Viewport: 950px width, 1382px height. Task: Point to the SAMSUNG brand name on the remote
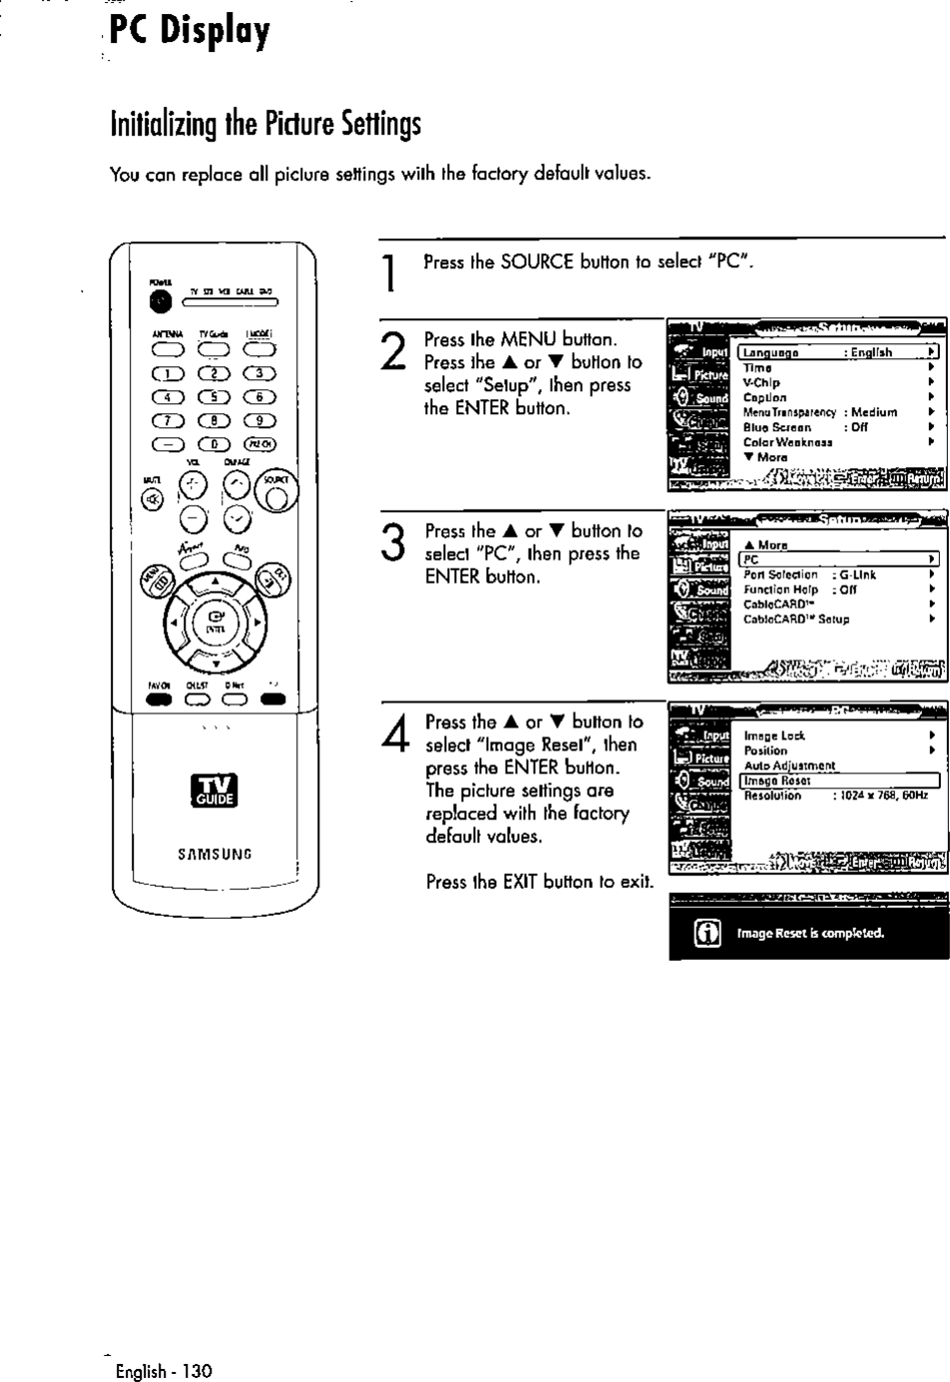click(x=216, y=854)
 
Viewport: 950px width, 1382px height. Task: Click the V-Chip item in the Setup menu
click(x=762, y=382)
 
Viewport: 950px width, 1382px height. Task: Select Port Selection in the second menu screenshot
click(x=780, y=575)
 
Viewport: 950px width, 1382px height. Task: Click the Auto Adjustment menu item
click(x=789, y=765)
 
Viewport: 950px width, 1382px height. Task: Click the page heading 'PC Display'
click(x=189, y=32)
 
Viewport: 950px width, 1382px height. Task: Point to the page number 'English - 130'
click(x=164, y=1371)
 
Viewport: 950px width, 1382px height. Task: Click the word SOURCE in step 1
click(x=537, y=262)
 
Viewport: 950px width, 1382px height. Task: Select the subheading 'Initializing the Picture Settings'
click(x=265, y=125)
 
